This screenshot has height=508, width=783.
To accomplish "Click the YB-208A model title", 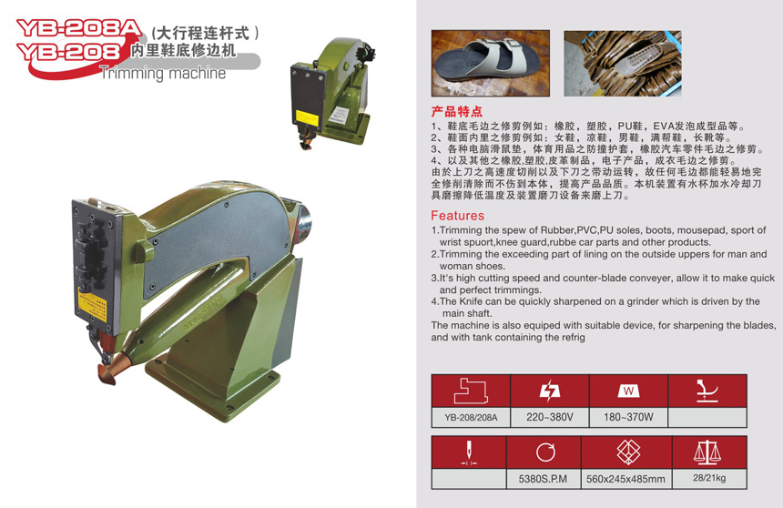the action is pyautogui.click(x=79, y=28).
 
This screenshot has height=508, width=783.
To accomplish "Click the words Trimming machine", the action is pyautogui.click(x=163, y=73).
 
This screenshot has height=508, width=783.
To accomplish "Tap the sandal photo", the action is pyautogui.click(x=491, y=63).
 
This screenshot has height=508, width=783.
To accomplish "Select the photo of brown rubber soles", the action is pyautogui.click(x=623, y=63).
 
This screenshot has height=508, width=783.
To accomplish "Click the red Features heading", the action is pyautogui.click(x=457, y=215).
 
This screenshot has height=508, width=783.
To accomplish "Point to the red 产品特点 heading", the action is pyautogui.click(x=457, y=111).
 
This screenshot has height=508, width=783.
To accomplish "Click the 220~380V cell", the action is pyautogui.click(x=549, y=417).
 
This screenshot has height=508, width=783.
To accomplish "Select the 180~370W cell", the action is pyautogui.click(x=628, y=417).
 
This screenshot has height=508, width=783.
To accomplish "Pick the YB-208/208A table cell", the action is pyautogui.click(x=471, y=417).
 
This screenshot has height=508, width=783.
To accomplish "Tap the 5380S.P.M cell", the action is pyautogui.click(x=543, y=479).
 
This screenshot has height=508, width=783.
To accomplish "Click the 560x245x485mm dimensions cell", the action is pyautogui.click(x=625, y=479).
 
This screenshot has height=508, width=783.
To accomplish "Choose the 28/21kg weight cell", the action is pyautogui.click(x=709, y=478).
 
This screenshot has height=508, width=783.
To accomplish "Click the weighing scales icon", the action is pyautogui.click(x=707, y=452).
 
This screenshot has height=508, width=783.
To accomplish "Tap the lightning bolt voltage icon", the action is pyautogui.click(x=550, y=391).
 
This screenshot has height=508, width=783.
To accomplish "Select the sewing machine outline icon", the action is pyautogui.click(x=471, y=391).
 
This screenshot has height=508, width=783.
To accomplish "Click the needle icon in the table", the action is pyautogui.click(x=468, y=452).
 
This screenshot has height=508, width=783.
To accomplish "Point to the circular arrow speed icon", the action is pyautogui.click(x=545, y=452).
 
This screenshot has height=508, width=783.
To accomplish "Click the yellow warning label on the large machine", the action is pyautogui.click(x=92, y=304).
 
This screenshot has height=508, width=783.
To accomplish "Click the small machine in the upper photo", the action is pyautogui.click(x=331, y=94).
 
